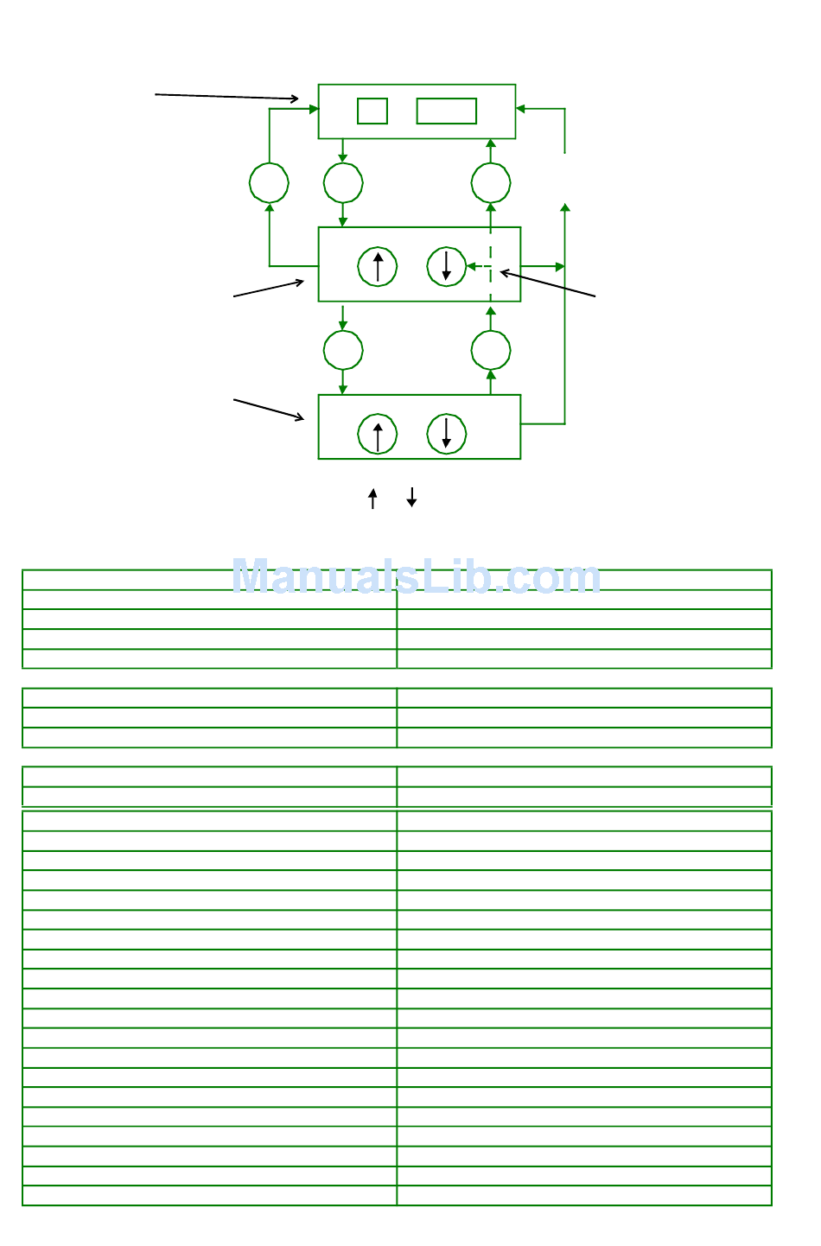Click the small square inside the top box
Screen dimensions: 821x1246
[x=372, y=111]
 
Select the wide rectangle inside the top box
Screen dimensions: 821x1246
[x=446, y=111]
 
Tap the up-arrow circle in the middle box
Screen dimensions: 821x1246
[x=378, y=267]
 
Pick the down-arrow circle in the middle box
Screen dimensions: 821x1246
[x=447, y=267]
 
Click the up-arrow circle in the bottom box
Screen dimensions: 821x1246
[x=378, y=435]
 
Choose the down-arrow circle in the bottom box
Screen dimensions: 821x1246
[x=447, y=435]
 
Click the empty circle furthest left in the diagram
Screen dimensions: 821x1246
[x=269, y=183]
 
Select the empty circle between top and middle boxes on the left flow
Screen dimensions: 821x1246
[x=343, y=183]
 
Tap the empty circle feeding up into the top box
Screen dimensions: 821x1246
[x=491, y=183]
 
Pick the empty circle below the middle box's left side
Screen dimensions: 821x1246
[x=343, y=351]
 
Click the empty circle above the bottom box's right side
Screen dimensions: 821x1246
[x=491, y=351]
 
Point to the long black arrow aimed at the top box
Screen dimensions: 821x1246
[x=226, y=97]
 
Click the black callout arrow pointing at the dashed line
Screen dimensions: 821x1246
[x=547, y=284]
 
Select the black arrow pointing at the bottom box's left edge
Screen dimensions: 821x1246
[x=269, y=410]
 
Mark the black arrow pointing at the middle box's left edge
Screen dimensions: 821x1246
[x=269, y=289]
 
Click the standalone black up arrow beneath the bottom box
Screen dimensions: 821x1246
[x=372, y=499]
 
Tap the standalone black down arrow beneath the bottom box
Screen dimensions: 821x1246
[x=412, y=498]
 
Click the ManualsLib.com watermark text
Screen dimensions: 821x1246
[x=416, y=576]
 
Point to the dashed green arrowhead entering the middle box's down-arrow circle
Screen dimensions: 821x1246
[x=472, y=267]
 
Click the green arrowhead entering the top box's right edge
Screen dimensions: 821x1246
[x=521, y=109]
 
